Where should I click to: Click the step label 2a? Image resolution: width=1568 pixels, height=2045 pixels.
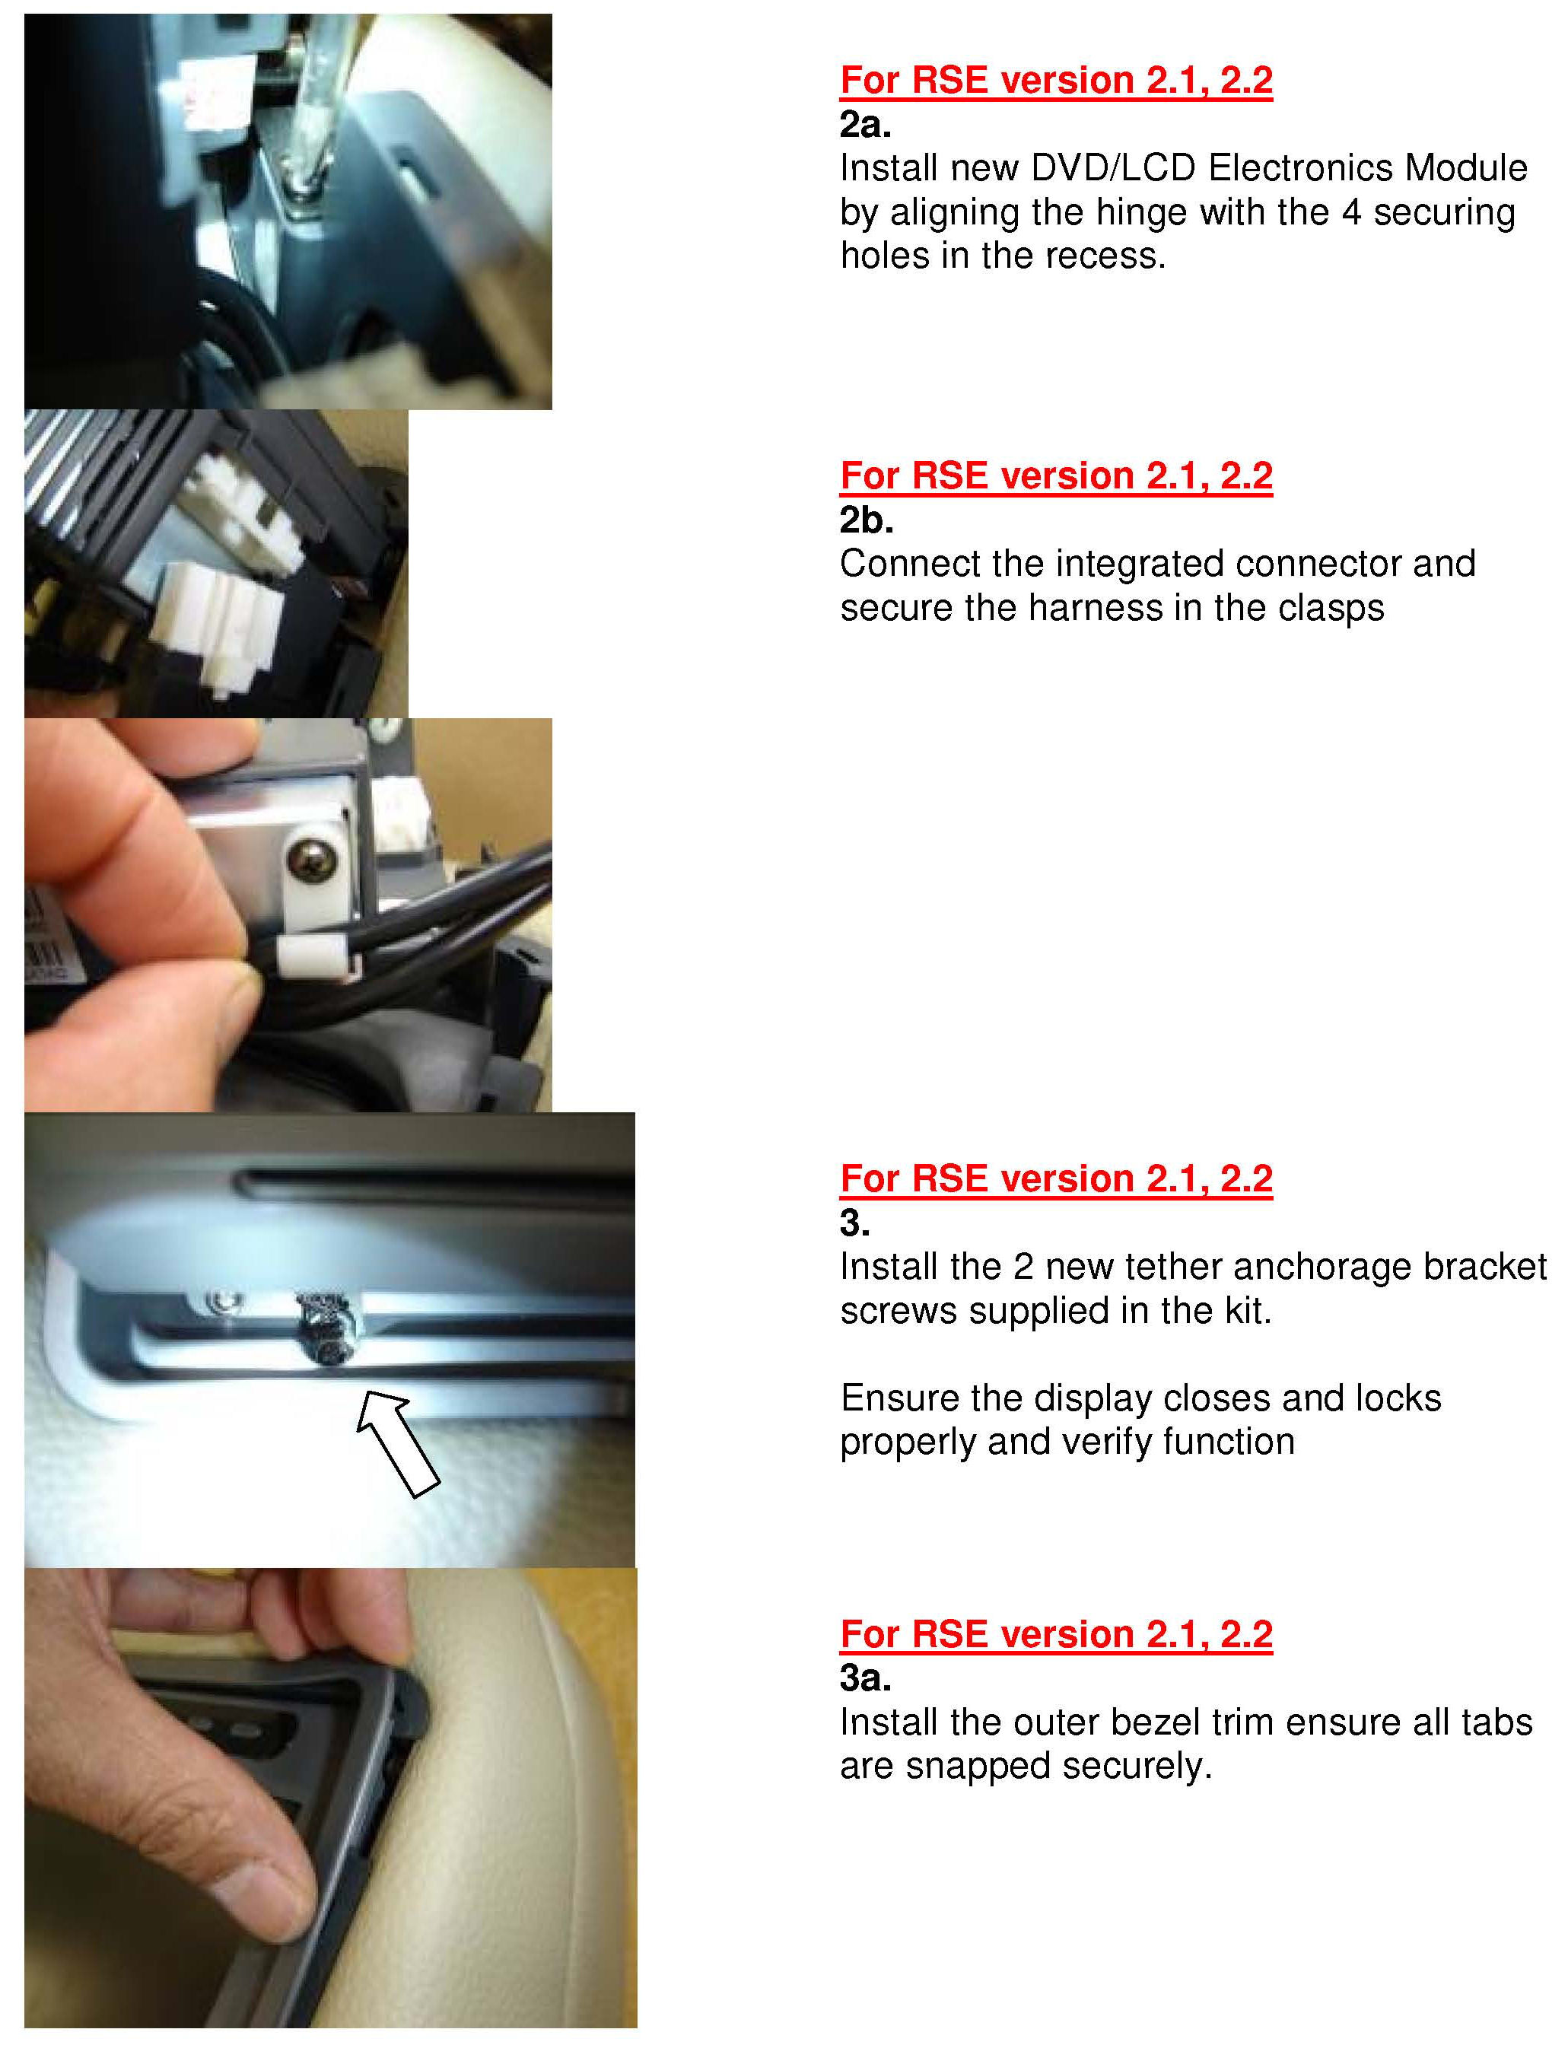(x=865, y=124)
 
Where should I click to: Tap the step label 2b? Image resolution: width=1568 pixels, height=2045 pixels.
(x=866, y=520)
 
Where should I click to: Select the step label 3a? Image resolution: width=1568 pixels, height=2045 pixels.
(x=865, y=1678)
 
